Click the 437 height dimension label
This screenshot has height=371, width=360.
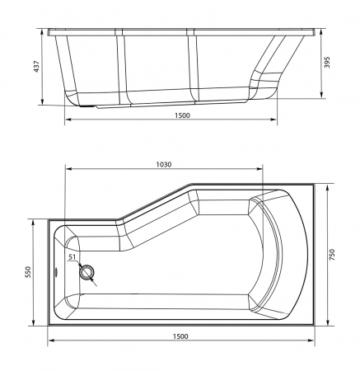pyautogui.click(x=36, y=66)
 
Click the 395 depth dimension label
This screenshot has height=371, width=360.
pyautogui.click(x=326, y=63)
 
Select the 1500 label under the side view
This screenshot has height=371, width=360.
pyautogui.click(x=182, y=115)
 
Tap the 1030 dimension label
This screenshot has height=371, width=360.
pyautogui.click(x=164, y=165)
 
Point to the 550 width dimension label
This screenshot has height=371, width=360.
pyautogui.click(x=29, y=272)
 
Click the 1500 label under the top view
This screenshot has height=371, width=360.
pyautogui.click(x=180, y=336)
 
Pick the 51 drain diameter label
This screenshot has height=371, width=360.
pyautogui.click(x=72, y=257)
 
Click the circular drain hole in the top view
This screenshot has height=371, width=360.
pyautogui.click(x=87, y=273)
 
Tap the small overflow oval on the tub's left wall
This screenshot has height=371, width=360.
pyautogui.click(x=56, y=272)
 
